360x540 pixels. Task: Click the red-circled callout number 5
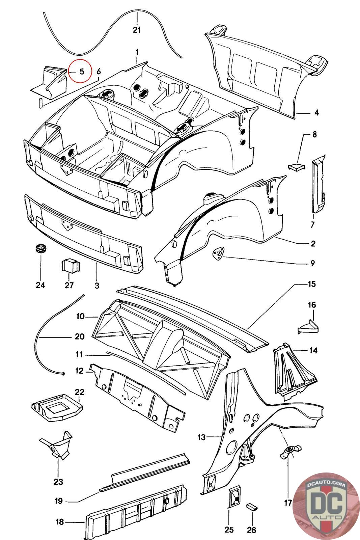coord(82,72)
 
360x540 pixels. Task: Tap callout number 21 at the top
coord(137,30)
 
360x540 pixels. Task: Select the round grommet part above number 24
coord(41,248)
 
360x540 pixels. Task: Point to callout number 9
coord(312,263)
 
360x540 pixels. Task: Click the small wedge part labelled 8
coord(296,167)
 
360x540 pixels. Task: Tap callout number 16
coord(312,305)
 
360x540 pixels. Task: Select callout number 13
coord(202,437)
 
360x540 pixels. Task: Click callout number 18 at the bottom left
coord(60,522)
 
